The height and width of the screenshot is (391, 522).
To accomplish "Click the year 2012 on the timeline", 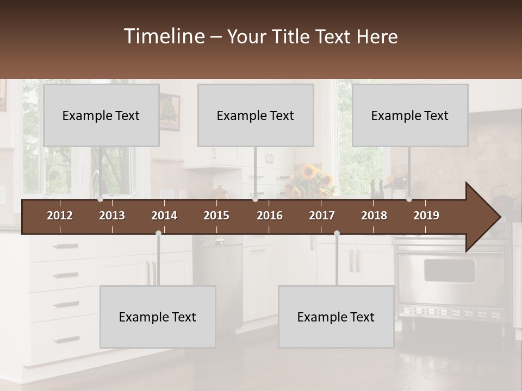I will tap(60, 216).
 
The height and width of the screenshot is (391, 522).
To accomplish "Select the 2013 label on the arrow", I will tap(112, 216).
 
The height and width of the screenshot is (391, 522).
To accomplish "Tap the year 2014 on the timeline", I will tap(164, 216).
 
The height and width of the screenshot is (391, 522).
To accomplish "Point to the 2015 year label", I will tap(216, 216).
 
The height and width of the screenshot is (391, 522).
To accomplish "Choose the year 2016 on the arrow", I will tap(270, 216).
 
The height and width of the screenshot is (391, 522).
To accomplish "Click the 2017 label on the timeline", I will tap(322, 216).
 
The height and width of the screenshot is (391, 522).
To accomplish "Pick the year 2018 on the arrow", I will tap(374, 216).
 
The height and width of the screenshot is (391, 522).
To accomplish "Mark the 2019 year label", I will tap(426, 216).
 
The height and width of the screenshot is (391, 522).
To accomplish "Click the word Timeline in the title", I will tap(164, 36).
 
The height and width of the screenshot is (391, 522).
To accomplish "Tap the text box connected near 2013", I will tap(101, 115).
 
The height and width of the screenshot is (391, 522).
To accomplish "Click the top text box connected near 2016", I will tap(256, 115).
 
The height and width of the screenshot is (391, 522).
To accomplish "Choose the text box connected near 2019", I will tap(410, 115).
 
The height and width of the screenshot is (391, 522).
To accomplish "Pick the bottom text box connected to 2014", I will tap(158, 317).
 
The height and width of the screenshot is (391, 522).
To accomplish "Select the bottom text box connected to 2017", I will tap(336, 317).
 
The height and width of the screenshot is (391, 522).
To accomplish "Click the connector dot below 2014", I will tap(158, 233).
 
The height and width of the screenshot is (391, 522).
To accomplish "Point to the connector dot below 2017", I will tap(337, 233).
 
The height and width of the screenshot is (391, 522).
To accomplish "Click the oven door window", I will tap(449, 270).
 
